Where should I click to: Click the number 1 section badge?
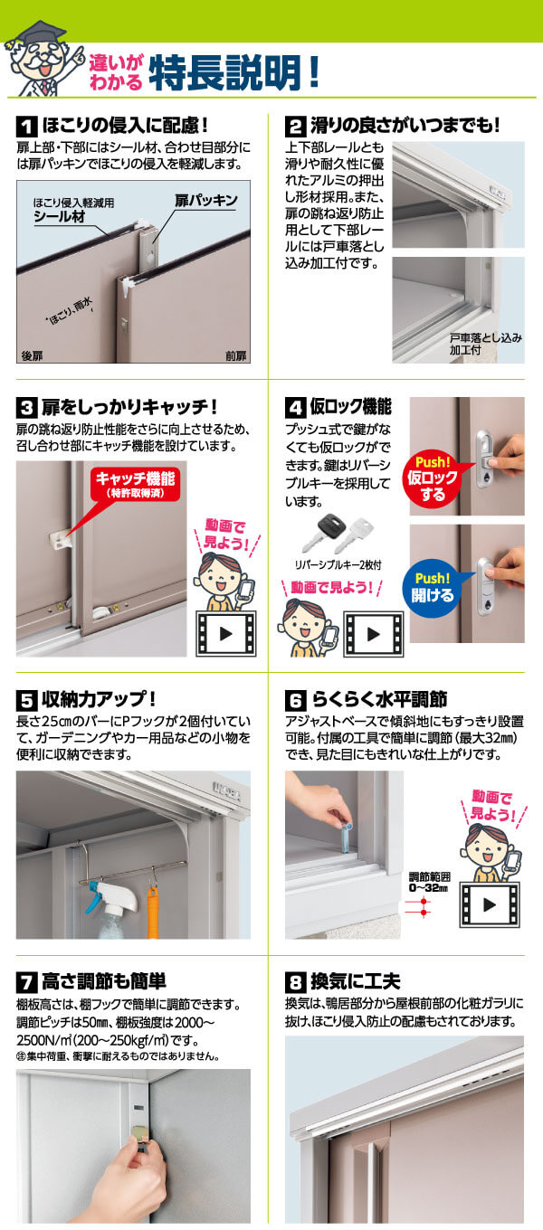point(27,127)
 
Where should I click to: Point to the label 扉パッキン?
point(206,201)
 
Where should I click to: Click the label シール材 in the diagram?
point(60,216)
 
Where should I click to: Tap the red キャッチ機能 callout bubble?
point(135,485)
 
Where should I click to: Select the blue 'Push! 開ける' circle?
point(433,587)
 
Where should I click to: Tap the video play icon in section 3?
point(226,634)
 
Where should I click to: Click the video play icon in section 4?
point(374,634)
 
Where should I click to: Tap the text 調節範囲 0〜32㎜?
point(429,883)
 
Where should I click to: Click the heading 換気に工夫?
point(356,982)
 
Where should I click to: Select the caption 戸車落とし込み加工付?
point(486,344)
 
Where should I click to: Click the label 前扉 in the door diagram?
point(236,355)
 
